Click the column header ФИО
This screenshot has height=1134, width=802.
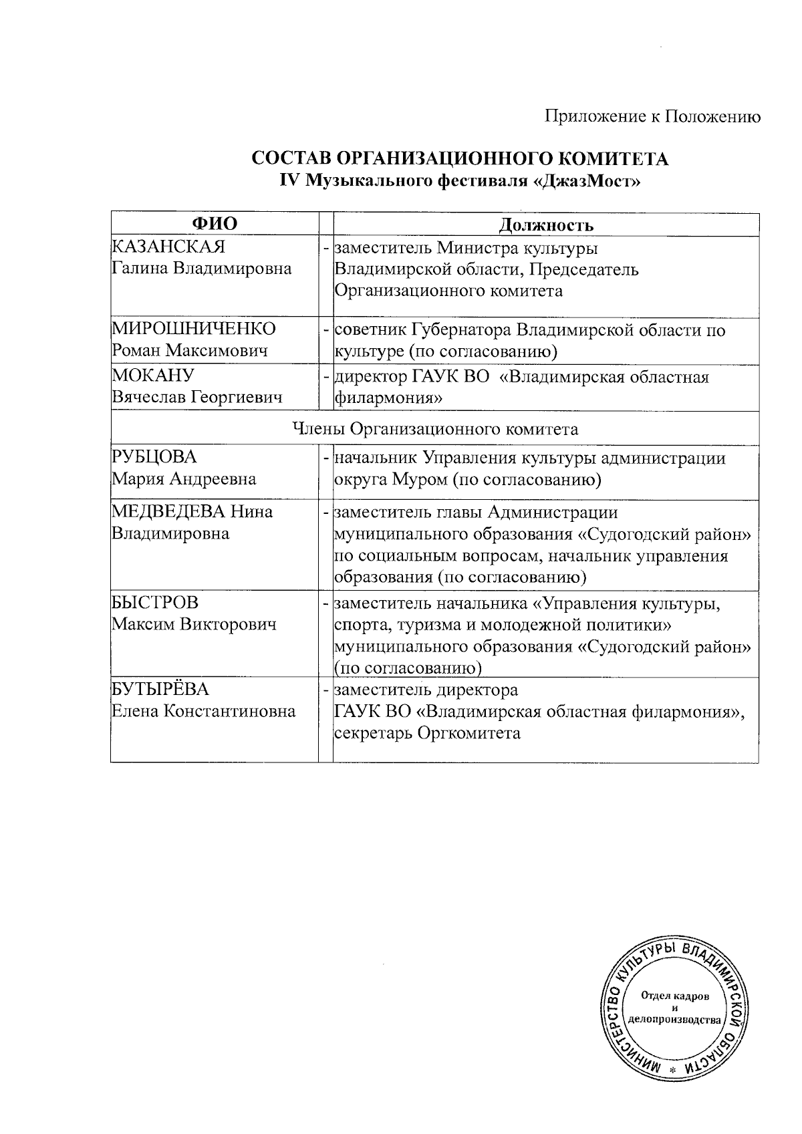[x=215, y=224]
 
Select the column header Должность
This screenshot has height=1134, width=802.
[x=546, y=225]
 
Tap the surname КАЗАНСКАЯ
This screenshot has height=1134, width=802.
[x=168, y=247]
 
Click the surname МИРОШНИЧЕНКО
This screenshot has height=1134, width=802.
[x=193, y=329]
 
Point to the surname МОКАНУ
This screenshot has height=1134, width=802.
[x=152, y=376]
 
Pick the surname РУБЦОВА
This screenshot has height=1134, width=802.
[x=154, y=457]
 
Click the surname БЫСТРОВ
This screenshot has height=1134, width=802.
[x=154, y=602]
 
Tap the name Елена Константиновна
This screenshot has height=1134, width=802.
[x=203, y=711]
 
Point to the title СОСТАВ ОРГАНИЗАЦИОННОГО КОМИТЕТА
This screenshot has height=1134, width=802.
[x=460, y=159]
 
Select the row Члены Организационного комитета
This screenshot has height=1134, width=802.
[x=436, y=428]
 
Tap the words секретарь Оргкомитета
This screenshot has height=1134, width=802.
[x=427, y=733]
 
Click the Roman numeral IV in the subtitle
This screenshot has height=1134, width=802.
[x=289, y=180]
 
